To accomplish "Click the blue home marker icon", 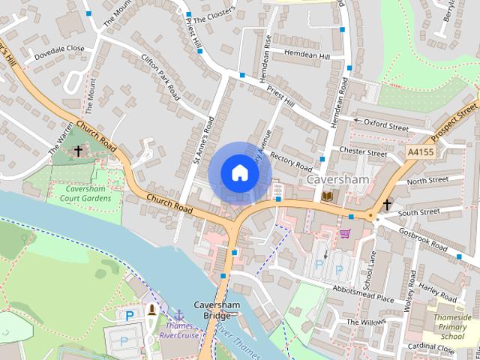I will click(239, 172).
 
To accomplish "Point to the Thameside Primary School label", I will click(453, 327).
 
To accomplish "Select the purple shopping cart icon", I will click(344, 233).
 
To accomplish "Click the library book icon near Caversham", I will click(327, 196).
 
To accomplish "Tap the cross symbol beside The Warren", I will click(78, 151).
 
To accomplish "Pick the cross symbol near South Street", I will click(387, 204).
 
